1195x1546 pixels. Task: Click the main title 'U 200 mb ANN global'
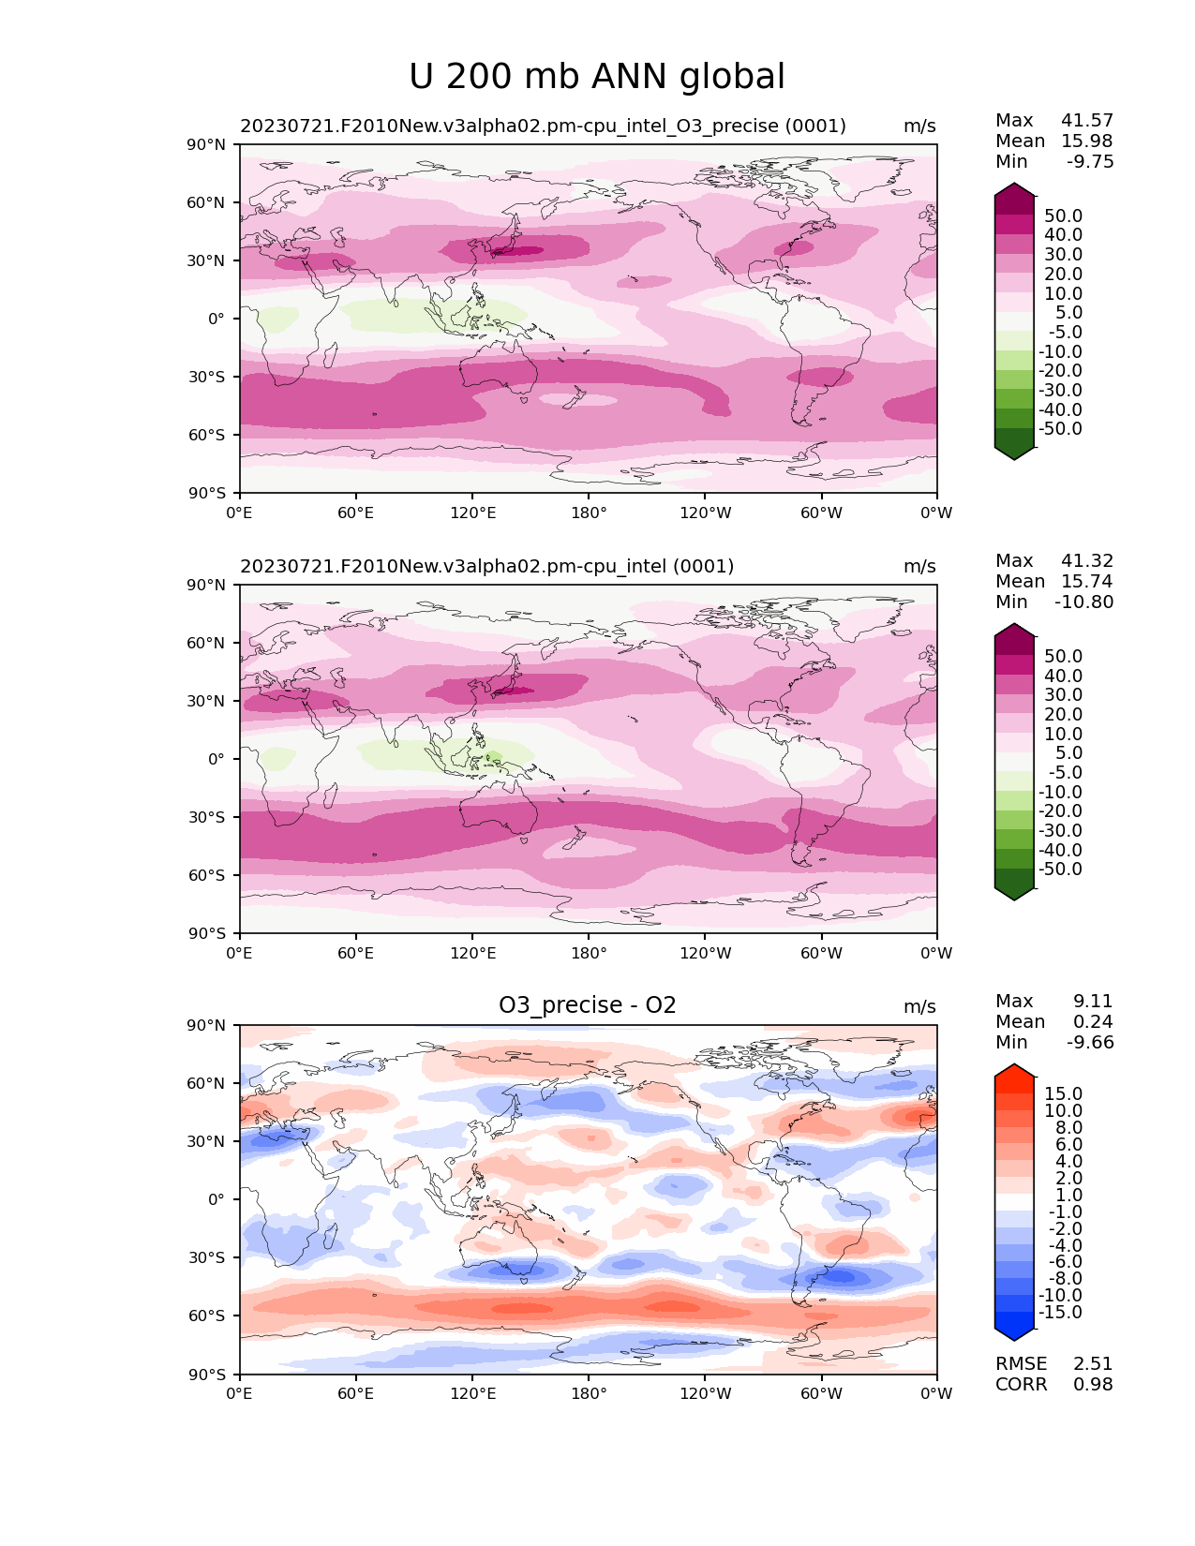click(x=597, y=77)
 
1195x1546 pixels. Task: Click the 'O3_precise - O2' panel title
click(x=588, y=1005)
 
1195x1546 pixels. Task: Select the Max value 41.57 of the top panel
click(x=1087, y=121)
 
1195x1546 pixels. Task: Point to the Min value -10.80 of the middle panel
click(x=1084, y=602)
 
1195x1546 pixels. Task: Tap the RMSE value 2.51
click(x=1093, y=1364)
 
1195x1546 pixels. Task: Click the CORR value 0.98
click(x=1093, y=1385)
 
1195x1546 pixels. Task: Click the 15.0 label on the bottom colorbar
click(x=1064, y=1094)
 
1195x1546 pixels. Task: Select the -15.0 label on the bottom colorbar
click(x=1060, y=1313)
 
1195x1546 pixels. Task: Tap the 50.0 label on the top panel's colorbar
click(x=1064, y=216)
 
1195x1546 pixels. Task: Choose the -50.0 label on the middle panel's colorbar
click(x=1060, y=870)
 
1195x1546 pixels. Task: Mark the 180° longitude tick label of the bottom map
click(x=589, y=1394)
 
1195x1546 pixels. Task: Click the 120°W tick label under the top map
click(x=706, y=513)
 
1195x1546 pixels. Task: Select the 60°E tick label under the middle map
click(x=356, y=954)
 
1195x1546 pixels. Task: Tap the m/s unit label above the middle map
click(x=919, y=567)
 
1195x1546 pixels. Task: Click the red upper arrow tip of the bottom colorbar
click(x=1014, y=1071)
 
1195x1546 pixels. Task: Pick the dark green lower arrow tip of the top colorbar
click(x=1014, y=453)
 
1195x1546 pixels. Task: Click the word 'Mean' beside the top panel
click(x=1020, y=141)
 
